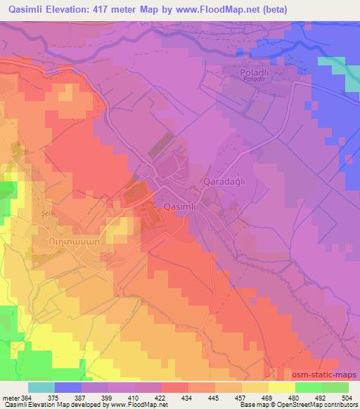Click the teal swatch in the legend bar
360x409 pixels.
coord(41,387)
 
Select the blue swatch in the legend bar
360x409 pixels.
coord(68,387)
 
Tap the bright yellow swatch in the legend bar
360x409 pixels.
coord(281,387)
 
